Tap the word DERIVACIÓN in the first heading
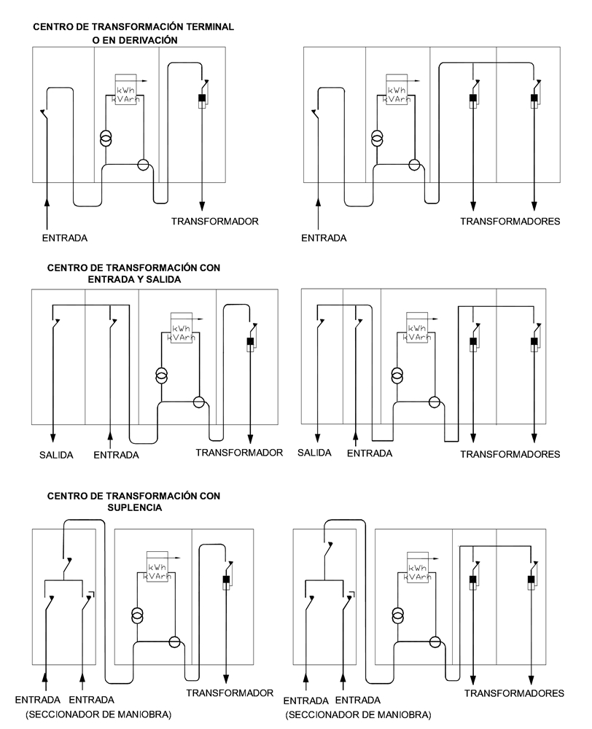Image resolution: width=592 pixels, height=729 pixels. [144, 40]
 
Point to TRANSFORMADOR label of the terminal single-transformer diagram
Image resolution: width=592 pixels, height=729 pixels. [215, 220]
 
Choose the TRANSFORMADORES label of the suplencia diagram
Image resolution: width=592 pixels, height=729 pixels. [515, 693]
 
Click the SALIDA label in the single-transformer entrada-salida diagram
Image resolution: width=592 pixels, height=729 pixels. [55, 454]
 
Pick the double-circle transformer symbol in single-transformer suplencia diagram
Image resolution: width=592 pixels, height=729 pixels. [137, 615]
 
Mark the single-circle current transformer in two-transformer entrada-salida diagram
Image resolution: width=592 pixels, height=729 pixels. [435, 402]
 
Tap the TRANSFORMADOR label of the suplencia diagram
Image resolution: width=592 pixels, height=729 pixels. [230, 693]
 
